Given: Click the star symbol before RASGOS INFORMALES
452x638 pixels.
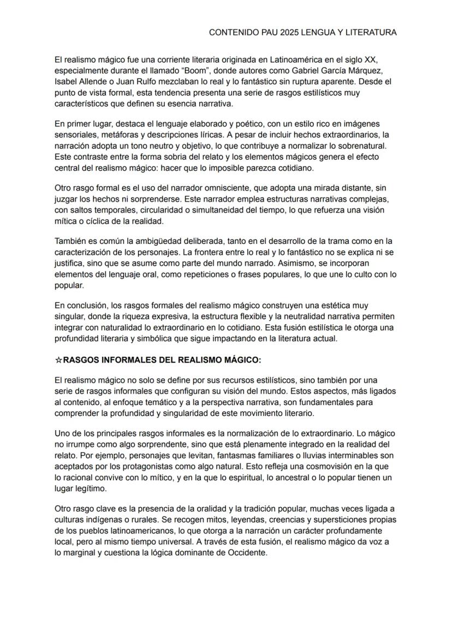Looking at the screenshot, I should click(59, 360).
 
